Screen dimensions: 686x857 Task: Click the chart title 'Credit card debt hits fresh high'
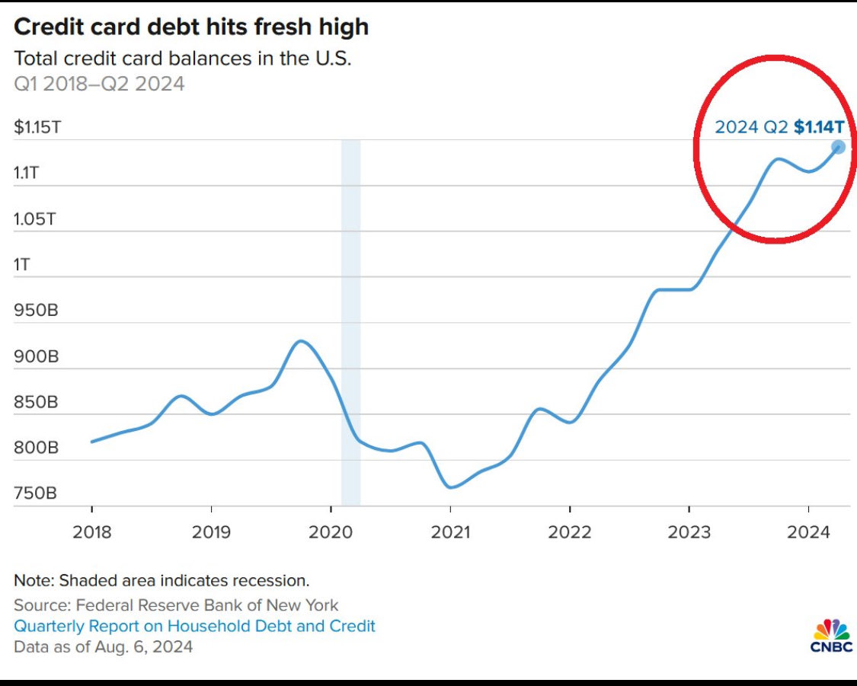(x=191, y=27)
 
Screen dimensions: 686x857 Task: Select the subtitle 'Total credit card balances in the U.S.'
(x=183, y=58)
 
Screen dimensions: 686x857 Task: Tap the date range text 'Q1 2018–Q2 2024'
(x=99, y=83)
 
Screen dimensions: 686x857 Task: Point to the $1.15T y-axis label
(x=37, y=127)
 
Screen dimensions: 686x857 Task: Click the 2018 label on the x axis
(x=91, y=532)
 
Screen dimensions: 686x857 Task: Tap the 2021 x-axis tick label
(x=450, y=532)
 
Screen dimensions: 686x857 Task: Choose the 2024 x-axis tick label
(x=808, y=532)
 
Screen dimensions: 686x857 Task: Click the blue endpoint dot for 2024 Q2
(x=838, y=147)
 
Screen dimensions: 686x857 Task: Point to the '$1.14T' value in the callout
(x=818, y=127)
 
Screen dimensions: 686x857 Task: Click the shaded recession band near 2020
(x=350, y=320)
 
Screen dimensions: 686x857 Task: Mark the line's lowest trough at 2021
(x=451, y=487)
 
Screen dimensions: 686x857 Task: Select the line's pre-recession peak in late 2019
(x=302, y=341)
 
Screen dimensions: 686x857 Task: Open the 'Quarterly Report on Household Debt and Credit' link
(x=194, y=626)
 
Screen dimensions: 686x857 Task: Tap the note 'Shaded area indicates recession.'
(x=161, y=580)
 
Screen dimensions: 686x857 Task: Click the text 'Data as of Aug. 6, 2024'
(x=103, y=646)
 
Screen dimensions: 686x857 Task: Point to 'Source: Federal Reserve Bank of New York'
(x=176, y=605)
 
